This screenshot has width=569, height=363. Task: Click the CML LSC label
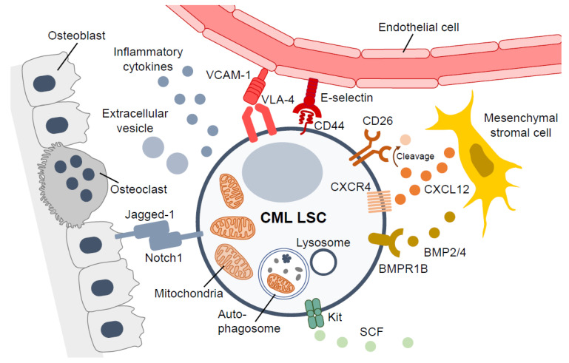(x=293, y=217)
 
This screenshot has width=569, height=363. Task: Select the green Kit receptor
(x=314, y=313)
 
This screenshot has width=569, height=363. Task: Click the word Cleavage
(x=415, y=156)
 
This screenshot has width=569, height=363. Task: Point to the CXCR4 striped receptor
(x=379, y=202)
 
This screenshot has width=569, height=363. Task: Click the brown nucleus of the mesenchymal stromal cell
(x=482, y=160)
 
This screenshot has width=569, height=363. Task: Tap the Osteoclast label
(x=138, y=189)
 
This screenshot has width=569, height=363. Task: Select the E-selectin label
(x=346, y=98)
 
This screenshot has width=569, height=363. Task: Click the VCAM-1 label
(x=228, y=75)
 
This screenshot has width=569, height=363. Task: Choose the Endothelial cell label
(x=419, y=27)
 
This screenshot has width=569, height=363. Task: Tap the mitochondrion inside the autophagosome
(x=281, y=283)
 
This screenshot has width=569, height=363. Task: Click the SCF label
(x=371, y=331)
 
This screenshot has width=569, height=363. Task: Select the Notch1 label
(x=164, y=258)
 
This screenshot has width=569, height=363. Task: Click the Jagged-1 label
(x=149, y=214)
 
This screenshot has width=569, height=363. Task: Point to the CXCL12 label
(x=446, y=189)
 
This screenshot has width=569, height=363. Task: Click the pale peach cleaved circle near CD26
(x=405, y=140)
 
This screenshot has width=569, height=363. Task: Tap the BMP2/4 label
(x=445, y=252)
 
